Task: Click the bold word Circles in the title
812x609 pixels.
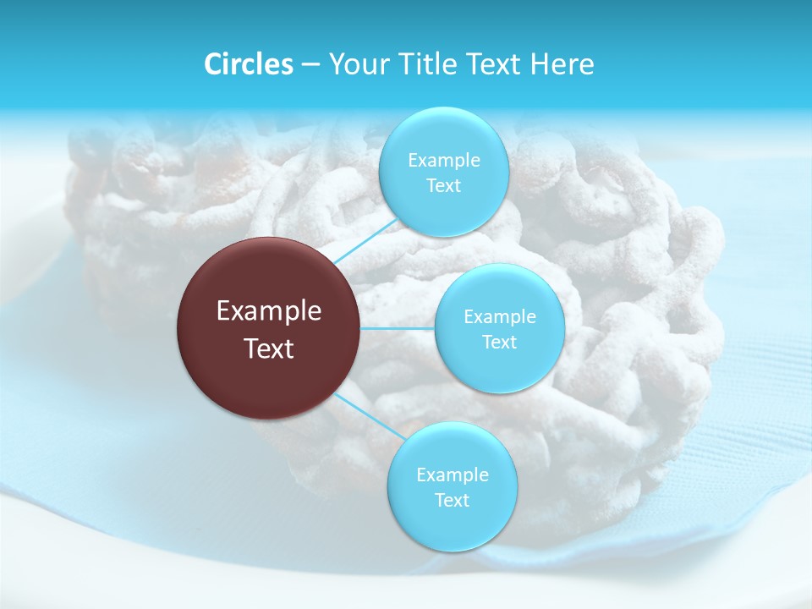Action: point(248,64)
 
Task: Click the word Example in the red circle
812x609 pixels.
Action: point(269,311)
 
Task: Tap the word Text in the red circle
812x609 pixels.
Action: point(269,348)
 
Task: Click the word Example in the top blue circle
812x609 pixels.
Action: point(443,160)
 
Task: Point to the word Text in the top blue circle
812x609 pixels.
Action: point(443,185)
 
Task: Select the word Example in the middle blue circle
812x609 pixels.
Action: point(500,316)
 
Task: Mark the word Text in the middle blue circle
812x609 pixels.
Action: point(500,342)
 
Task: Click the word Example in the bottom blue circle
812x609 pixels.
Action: point(453,475)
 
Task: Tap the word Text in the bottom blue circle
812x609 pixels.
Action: point(453,500)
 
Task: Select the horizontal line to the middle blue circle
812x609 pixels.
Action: point(398,328)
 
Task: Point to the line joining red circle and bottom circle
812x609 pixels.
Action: point(368,416)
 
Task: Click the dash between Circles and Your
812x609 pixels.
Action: point(310,65)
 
